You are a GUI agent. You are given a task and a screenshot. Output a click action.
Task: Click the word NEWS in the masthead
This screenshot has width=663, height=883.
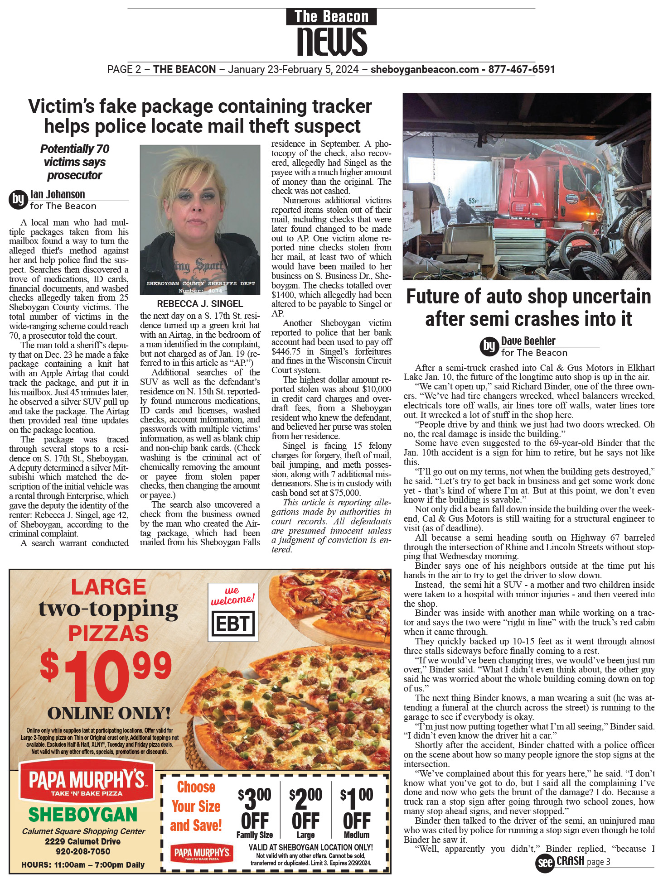(x=332, y=42)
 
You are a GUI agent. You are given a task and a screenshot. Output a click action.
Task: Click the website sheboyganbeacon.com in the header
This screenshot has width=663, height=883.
(x=425, y=69)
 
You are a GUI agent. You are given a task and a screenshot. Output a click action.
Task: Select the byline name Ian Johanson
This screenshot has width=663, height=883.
(x=58, y=194)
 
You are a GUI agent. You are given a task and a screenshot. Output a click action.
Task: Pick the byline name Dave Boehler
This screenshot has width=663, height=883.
(x=528, y=341)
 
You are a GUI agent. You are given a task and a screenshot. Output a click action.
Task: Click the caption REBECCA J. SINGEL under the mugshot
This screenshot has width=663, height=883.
(x=200, y=304)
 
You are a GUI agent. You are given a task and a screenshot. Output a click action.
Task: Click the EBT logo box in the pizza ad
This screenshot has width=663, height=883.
(x=232, y=624)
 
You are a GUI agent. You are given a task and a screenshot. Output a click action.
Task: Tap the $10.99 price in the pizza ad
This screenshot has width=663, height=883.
(x=106, y=675)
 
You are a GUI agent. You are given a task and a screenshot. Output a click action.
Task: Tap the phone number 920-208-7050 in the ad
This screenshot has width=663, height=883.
(x=83, y=851)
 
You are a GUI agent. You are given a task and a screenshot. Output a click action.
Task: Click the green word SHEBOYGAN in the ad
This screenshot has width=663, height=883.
(x=83, y=815)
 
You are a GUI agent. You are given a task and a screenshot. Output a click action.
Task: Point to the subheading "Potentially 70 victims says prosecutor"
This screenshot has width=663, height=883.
(x=75, y=162)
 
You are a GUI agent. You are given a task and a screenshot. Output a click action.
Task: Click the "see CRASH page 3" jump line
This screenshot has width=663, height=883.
(x=573, y=862)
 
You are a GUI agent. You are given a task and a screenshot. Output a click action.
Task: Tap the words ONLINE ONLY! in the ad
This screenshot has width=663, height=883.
(x=109, y=713)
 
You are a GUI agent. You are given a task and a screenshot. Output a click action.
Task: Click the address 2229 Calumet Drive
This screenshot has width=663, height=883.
(x=83, y=841)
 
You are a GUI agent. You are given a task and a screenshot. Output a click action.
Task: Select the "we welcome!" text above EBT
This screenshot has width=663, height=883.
(x=232, y=595)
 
